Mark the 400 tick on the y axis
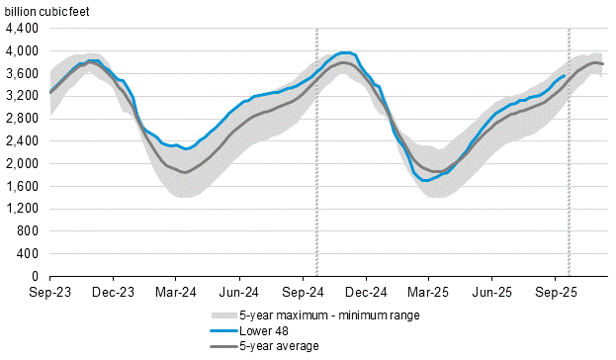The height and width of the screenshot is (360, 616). [29, 254]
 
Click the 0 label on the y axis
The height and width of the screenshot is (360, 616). [35, 277]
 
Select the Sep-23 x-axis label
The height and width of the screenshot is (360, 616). [49, 293]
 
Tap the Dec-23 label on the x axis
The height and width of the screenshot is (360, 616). [114, 293]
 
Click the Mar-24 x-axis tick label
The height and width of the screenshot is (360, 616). [176, 293]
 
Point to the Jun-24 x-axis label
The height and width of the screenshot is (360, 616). [239, 293]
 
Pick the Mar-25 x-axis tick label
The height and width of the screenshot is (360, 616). [428, 293]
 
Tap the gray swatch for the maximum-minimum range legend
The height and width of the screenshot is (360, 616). [221, 315]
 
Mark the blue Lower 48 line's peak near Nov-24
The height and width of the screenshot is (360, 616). [344, 52]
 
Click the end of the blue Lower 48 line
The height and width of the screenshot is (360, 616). [565, 75]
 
